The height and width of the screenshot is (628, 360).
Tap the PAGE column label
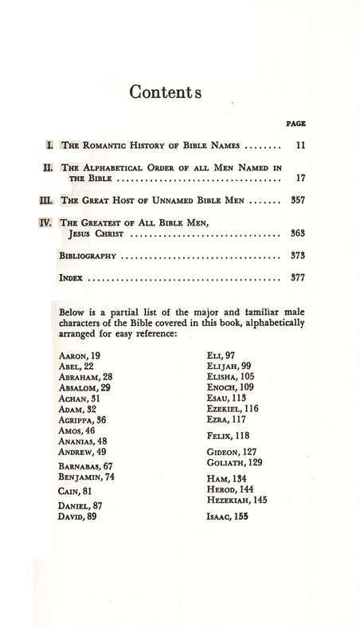pyautogui.click(x=295, y=124)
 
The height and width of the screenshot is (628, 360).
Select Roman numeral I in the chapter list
pyautogui.click(x=49, y=147)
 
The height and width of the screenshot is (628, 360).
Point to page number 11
pyautogui.click(x=300, y=147)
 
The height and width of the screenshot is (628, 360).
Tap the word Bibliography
pyautogui.click(x=89, y=257)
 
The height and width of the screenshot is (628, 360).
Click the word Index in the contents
pyautogui.click(x=72, y=280)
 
